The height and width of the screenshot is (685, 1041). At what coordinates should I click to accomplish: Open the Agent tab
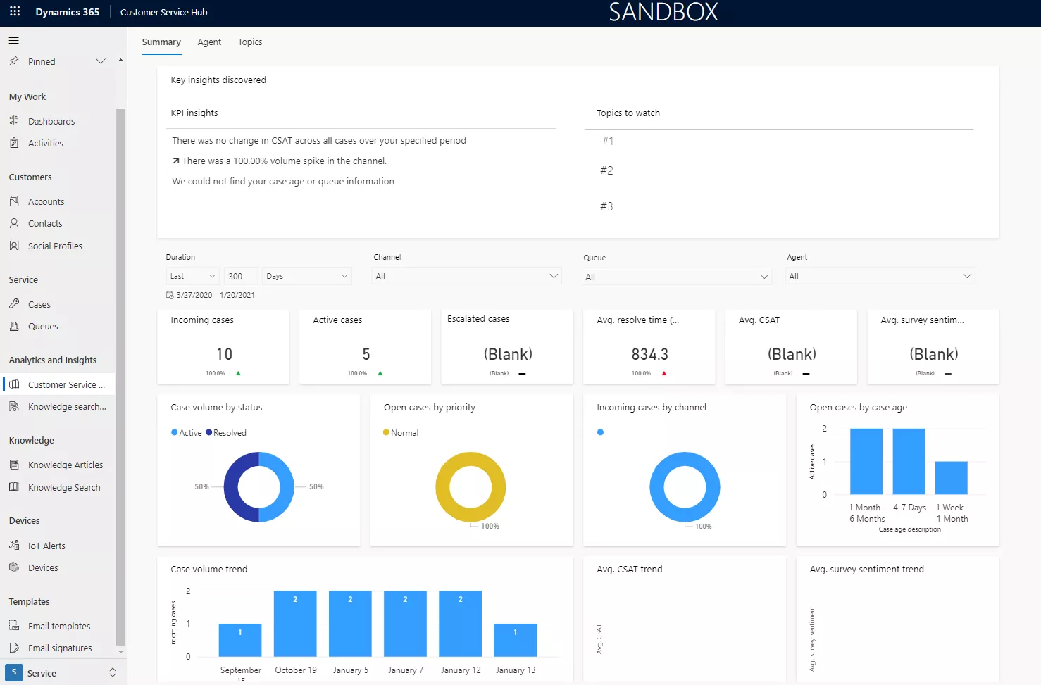[x=209, y=42]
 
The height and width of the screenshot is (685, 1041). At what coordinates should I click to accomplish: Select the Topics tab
[x=250, y=42]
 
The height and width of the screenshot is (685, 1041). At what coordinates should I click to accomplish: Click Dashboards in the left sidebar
[x=51, y=122]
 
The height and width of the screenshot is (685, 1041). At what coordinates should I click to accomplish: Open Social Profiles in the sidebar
[x=55, y=246]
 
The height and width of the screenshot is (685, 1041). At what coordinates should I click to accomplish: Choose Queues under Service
[x=43, y=327]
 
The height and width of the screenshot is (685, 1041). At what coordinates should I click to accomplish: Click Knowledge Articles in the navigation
[x=65, y=465]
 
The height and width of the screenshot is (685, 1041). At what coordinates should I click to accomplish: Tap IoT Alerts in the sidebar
[x=46, y=546]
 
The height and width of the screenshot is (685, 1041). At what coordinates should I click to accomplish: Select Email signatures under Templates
[x=60, y=648]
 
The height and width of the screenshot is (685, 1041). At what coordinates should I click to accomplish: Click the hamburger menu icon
[x=14, y=40]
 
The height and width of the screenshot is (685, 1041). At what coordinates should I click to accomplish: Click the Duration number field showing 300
[x=239, y=277]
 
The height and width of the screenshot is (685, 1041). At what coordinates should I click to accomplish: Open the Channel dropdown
[x=466, y=277]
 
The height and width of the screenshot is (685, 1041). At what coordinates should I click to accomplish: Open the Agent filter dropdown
[x=880, y=277]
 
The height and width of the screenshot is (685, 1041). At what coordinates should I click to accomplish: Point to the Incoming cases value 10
[x=224, y=354]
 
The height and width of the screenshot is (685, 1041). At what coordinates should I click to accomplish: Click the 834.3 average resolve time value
[x=649, y=354]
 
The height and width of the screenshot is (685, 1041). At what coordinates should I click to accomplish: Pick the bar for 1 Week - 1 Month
[x=951, y=478]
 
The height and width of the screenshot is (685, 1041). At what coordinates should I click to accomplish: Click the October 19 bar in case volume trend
[x=295, y=624]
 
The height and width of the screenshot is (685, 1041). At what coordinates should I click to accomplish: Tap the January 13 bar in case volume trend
[x=515, y=640]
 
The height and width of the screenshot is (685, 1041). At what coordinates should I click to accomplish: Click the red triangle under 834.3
[x=664, y=373]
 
